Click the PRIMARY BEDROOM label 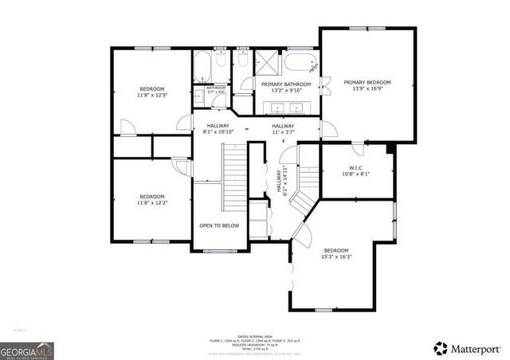[x=367, y=82]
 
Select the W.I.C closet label [x=356, y=168]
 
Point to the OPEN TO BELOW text [x=219, y=225]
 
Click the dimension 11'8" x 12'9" [x=151, y=95]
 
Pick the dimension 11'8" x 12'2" [x=151, y=203]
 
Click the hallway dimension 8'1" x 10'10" [x=218, y=132]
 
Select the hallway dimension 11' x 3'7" [x=283, y=132]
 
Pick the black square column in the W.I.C [x=390, y=148]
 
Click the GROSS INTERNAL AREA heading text [x=255, y=337]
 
